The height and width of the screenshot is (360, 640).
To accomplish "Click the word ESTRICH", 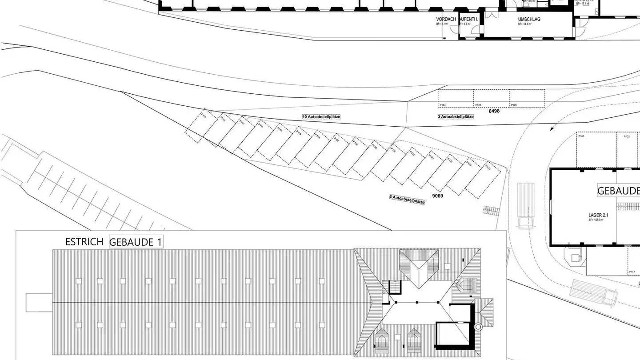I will (x=84, y=242).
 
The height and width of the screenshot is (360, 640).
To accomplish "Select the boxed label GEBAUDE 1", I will (x=136, y=242).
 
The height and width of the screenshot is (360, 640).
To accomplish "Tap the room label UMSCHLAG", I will (x=529, y=20).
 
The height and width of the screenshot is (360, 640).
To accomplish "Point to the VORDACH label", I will (x=446, y=20).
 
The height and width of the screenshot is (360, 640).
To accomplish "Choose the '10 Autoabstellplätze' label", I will (x=321, y=116).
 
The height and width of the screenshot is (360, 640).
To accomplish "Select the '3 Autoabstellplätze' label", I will (x=456, y=116).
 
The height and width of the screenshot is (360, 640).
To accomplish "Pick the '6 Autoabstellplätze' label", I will (x=407, y=200).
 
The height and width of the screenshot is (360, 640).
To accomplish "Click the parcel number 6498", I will (x=494, y=111).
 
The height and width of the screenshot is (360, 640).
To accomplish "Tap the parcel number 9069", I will (x=438, y=196).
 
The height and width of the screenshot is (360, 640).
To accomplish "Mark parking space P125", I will (x=491, y=98).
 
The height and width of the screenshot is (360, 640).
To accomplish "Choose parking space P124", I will (x=456, y=98).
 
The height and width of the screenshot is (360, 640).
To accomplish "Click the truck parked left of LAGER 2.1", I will (x=526, y=206).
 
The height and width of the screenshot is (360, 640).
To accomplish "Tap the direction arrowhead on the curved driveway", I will (x=552, y=128).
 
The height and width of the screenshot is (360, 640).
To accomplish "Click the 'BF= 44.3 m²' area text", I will (x=524, y=24).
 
